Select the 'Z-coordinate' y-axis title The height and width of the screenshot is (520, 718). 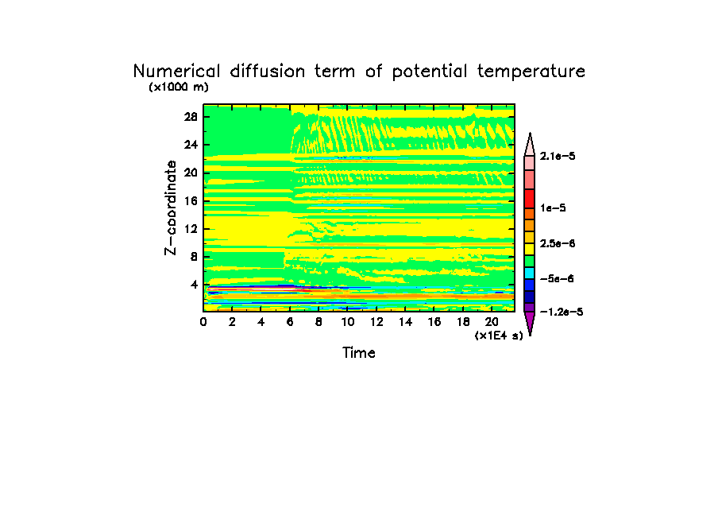pos(170,208)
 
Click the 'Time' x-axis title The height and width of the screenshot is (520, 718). pos(358,352)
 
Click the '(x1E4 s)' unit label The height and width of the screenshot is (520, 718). pos(499,336)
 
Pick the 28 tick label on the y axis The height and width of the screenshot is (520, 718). pos(191,116)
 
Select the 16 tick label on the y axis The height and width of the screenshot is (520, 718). pos(191,200)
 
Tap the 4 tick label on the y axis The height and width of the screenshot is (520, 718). pos(194,285)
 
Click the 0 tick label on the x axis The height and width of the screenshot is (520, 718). pos(204,322)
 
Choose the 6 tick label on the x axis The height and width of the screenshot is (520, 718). pos(290,322)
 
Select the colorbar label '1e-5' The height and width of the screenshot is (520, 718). pos(552,208)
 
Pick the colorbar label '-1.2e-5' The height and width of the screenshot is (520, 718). pos(561,312)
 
